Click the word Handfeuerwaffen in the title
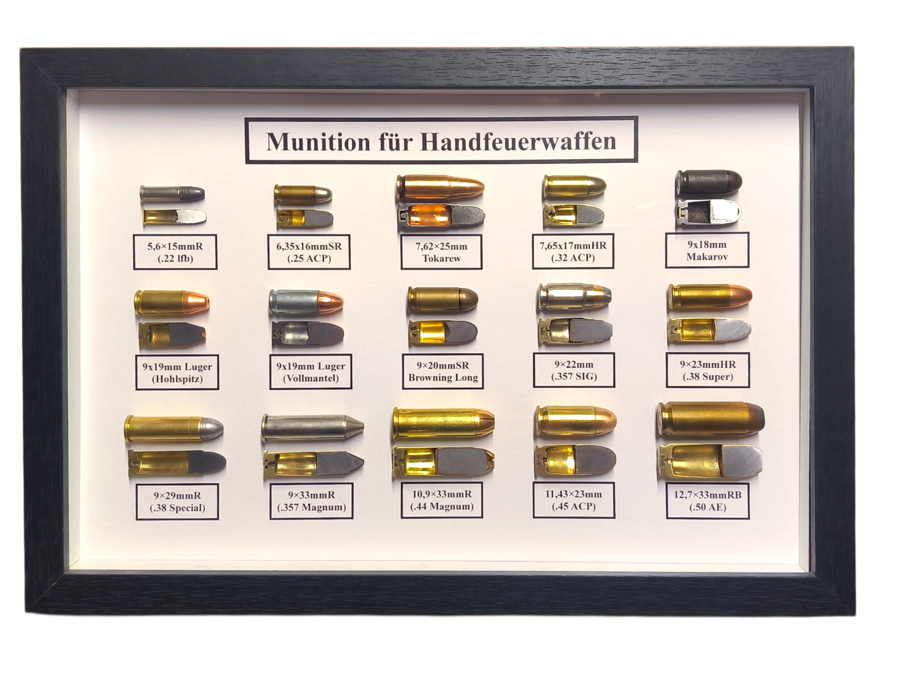(x=518, y=141)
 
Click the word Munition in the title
(x=318, y=142)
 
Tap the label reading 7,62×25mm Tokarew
(x=441, y=252)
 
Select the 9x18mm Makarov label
(x=707, y=250)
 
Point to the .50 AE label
(x=707, y=501)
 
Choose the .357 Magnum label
(x=312, y=501)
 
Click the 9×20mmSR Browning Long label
(x=442, y=371)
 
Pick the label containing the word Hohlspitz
(x=177, y=372)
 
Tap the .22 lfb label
(x=175, y=252)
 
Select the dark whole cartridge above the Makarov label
(x=708, y=182)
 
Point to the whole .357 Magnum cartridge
(x=312, y=427)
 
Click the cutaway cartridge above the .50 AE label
(x=710, y=461)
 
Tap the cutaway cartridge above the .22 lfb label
(x=175, y=216)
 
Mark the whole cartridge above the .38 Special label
(x=174, y=429)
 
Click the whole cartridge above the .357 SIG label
(x=575, y=297)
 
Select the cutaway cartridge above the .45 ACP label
(x=575, y=461)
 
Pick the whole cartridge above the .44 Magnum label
(x=443, y=422)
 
